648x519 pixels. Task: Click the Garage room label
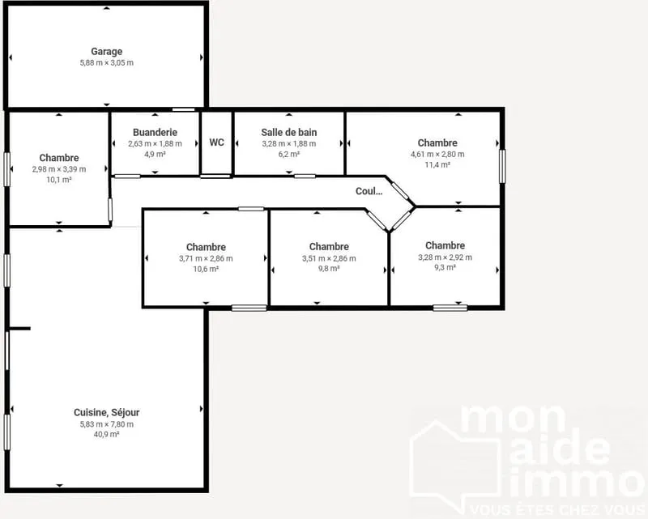coord(107,52)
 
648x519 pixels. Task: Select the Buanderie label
coord(155,132)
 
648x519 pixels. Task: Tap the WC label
coord(216,143)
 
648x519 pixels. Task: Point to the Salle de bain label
coord(289,132)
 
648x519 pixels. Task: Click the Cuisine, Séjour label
coord(107,412)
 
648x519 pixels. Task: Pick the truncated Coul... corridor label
coord(369,191)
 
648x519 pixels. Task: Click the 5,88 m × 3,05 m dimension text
coord(107,63)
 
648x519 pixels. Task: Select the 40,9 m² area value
coord(107,434)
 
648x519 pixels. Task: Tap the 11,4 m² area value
coord(437,164)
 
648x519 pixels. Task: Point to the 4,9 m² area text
coord(155,154)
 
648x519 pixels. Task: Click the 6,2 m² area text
coord(289,154)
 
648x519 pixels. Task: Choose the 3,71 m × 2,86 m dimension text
coord(206,258)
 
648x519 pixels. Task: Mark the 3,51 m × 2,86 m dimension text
coord(329,258)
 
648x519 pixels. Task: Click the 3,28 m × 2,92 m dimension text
coord(445,257)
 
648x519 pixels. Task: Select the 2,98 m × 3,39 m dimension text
coord(59,169)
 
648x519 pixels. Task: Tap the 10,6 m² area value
coord(206,269)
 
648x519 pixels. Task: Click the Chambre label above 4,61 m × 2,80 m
coord(437,143)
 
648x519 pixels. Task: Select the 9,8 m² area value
coord(329,269)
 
